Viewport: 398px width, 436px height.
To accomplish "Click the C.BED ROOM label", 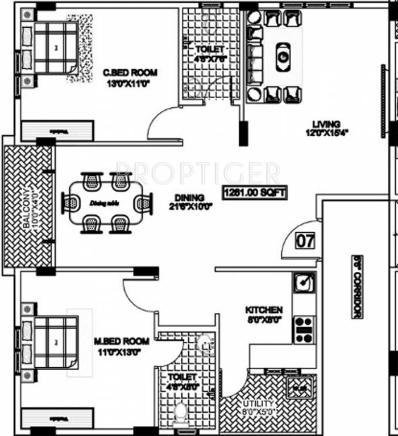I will click(x=130, y=73).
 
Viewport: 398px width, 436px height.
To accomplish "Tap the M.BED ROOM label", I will click(x=122, y=341).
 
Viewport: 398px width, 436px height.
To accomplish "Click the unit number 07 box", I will click(x=305, y=241).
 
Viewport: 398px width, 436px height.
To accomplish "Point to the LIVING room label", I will click(x=326, y=124).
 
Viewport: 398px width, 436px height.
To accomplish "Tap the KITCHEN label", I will click(x=264, y=310).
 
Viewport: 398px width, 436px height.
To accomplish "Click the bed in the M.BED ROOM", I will click(x=55, y=342).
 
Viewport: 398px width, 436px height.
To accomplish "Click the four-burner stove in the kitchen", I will click(x=304, y=329).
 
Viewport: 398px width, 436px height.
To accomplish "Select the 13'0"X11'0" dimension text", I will click(x=130, y=83).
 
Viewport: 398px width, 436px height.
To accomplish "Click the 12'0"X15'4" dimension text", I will click(x=326, y=133).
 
